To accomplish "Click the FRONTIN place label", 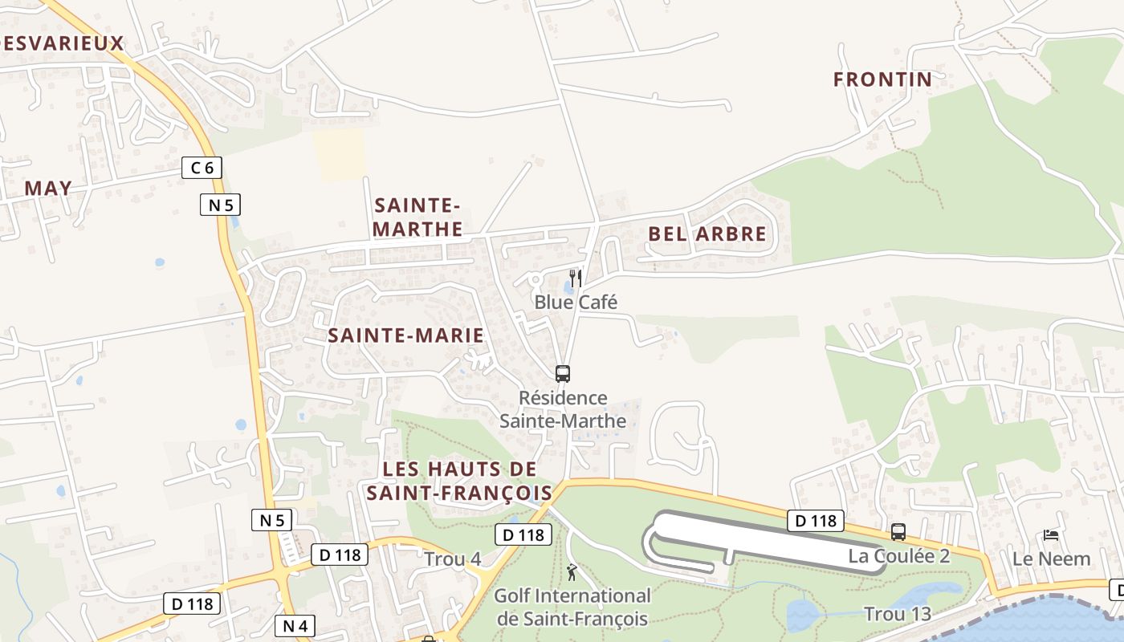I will click(882, 79).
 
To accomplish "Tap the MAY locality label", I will click(48, 188).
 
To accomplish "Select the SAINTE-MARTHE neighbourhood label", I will click(417, 217).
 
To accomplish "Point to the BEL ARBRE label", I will click(707, 234).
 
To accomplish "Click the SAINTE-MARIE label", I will click(405, 335).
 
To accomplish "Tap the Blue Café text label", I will click(576, 303).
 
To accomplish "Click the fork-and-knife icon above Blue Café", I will click(576, 278).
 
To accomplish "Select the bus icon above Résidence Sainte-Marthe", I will click(563, 373).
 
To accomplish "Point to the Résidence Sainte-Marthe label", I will click(563, 409).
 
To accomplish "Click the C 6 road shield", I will click(202, 168).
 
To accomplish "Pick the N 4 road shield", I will click(295, 625).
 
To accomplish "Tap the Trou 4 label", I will click(453, 559).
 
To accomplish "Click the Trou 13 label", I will click(897, 615).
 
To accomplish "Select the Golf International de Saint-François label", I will click(572, 607).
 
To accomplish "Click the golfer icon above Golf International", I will click(572, 572).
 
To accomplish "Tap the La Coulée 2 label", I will click(899, 556).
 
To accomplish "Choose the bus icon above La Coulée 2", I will click(898, 531).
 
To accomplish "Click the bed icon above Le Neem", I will click(1051, 534).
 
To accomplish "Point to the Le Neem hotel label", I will click(1051, 559).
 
